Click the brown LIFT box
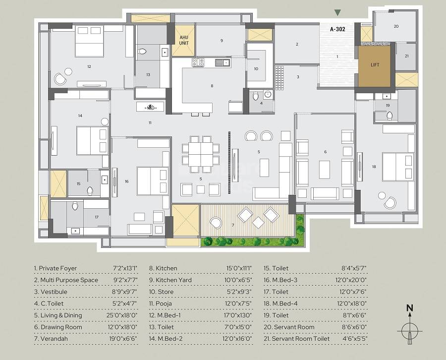(x=375, y=65)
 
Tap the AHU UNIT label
(x=184, y=40)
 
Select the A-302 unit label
(x=337, y=29)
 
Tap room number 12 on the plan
(x=89, y=66)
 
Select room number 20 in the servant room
(x=396, y=26)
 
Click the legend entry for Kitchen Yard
(x=170, y=280)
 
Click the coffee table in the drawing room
(x=324, y=169)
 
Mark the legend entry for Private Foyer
(x=56, y=268)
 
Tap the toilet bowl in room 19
(x=390, y=116)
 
